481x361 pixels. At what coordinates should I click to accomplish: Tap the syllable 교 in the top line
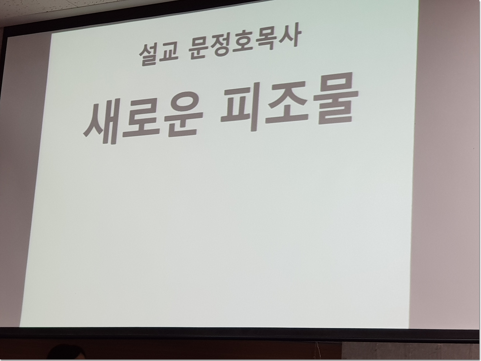coord(168,53)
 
